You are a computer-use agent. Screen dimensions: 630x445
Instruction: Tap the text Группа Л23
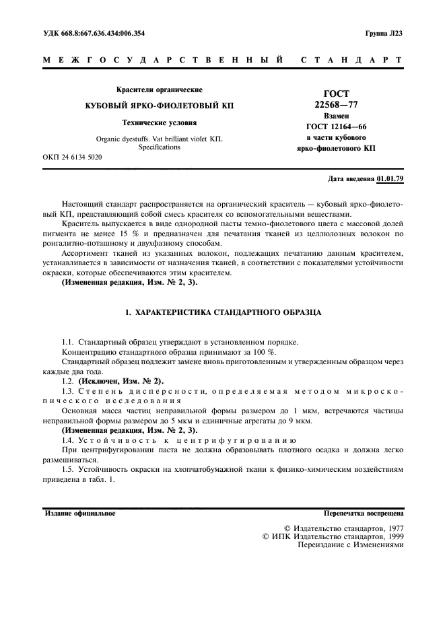tap(384, 33)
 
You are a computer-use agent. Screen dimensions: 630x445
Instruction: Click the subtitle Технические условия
tap(159, 123)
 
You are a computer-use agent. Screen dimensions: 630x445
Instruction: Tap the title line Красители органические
tap(159, 90)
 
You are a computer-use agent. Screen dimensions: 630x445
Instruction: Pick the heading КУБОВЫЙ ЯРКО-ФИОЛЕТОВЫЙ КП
tap(159, 106)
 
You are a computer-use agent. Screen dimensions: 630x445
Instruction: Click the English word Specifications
tap(159, 146)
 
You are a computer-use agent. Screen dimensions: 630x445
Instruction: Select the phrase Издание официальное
tap(79, 513)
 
